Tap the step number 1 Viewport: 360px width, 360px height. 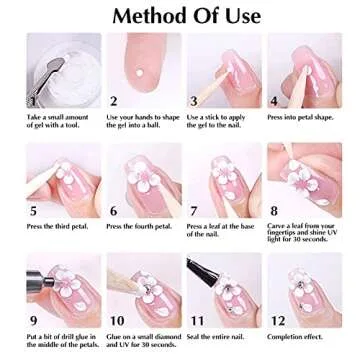click(33, 99)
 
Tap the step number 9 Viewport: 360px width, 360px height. click(34, 321)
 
